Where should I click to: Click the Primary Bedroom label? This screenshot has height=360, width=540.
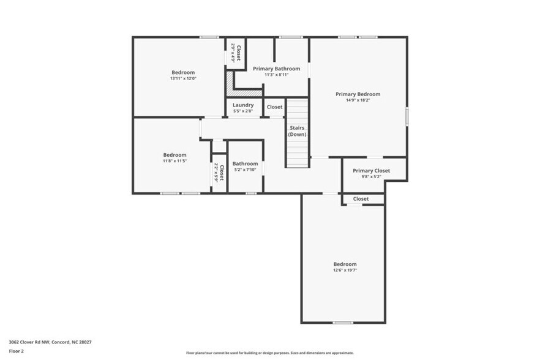[358, 94]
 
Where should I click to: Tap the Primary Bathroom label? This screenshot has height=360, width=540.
[276, 69]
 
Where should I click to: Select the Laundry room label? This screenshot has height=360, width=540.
[243, 105]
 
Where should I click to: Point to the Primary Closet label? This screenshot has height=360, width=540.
[371, 170]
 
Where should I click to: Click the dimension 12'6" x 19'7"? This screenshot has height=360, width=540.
[345, 270]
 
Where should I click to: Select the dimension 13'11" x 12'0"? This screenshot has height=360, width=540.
[183, 78]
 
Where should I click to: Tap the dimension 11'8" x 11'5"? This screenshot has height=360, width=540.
[174, 161]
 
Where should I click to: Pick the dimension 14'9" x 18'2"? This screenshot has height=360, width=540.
[358, 100]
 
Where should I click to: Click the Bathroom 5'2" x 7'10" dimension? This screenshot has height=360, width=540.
[245, 170]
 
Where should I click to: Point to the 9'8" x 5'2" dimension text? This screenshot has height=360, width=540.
[371, 176]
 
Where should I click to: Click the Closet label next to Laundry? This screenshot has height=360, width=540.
[275, 107]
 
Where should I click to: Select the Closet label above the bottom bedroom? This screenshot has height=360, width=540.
[361, 199]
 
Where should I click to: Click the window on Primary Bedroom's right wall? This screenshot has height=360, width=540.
[407, 116]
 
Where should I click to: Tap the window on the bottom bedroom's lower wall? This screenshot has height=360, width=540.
[343, 323]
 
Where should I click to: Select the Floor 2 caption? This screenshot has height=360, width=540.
[17, 351]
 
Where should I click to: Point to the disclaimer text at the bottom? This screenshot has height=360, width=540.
[269, 353]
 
